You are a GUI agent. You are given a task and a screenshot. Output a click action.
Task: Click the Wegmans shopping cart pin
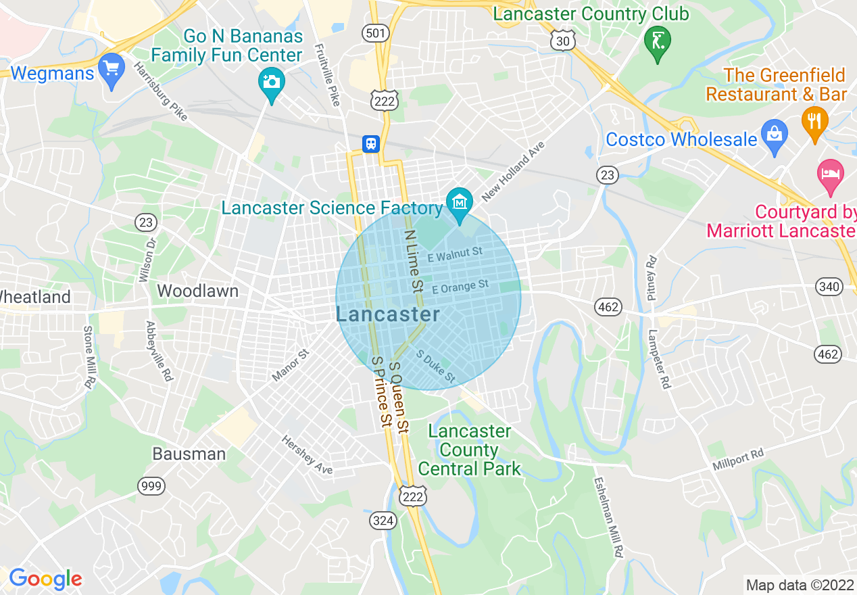coord(112,70)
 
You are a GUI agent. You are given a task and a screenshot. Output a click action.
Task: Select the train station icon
coord(371,143)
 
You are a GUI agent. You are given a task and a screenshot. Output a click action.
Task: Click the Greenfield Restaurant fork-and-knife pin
coord(814,122)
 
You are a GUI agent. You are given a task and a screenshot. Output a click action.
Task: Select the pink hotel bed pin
coord(831,174)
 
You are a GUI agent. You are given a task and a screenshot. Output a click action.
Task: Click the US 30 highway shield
coord(562,41)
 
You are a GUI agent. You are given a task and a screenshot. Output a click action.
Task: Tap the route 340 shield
coord(829,287)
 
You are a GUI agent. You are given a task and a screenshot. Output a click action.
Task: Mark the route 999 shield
coord(151,485)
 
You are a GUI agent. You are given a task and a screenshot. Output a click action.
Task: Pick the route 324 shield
coord(383,521)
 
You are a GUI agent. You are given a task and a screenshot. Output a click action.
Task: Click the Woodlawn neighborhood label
coord(197,291)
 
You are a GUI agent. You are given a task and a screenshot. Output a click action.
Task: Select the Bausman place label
coord(189,454)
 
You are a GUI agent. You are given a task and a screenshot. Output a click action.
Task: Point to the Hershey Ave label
coord(308,454)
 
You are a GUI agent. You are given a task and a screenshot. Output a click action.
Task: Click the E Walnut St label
coord(455,255)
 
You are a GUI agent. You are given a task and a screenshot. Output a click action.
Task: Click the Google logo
coord(45,579)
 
